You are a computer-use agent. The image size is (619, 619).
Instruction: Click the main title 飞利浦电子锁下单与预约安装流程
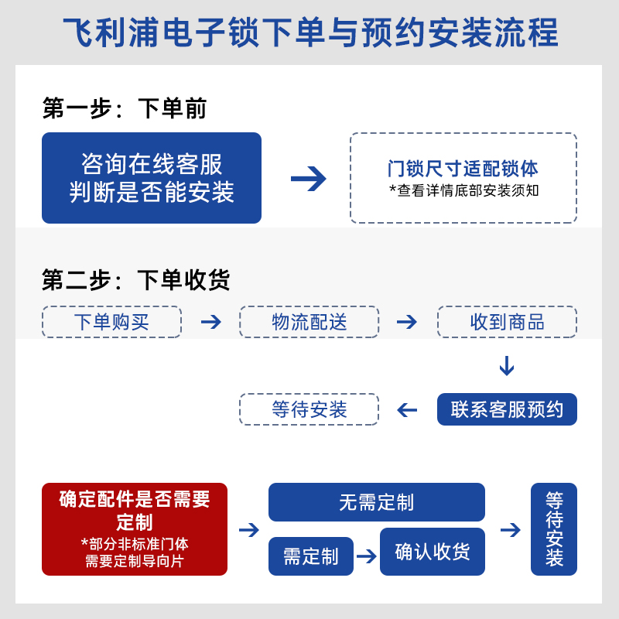(309, 34)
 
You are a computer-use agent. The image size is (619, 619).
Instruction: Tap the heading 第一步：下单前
(125, 109)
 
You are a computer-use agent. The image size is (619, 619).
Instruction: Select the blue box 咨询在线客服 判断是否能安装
(152, 178)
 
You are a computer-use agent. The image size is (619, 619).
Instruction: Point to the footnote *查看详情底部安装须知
(463, 190)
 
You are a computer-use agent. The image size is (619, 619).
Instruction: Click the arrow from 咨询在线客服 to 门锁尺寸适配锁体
(308, 179)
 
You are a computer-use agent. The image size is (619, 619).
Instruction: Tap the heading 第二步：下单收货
(136, 279)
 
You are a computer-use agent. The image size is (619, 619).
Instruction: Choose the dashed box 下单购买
(111, 322)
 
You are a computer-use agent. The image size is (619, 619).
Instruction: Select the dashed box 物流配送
(309, 322)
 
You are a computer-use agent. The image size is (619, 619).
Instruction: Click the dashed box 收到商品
(507, 322)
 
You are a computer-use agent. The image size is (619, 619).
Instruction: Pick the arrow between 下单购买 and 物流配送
(210, 322)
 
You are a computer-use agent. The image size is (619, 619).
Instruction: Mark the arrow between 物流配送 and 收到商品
(407, 322)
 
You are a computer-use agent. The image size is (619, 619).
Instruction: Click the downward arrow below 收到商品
(507, 365)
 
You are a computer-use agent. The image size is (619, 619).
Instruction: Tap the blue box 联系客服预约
(507, 409)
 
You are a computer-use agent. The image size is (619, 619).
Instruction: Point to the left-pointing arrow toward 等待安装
(407, 409)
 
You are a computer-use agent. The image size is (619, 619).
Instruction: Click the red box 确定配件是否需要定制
(135, 529)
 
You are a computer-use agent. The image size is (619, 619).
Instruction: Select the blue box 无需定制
(376, 502)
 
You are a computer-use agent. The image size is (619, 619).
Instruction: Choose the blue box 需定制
(310, 556)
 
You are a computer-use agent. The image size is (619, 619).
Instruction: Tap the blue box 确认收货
(432, 552)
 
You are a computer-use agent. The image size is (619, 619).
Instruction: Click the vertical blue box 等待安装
(554, 529)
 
